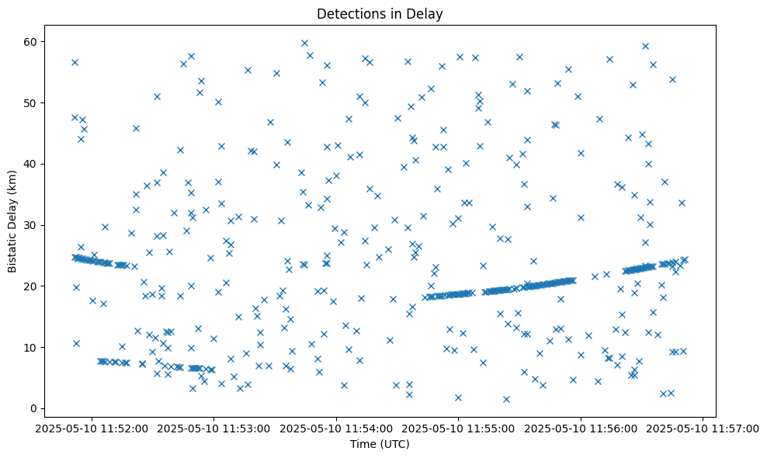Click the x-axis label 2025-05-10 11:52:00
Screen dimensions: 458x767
(x=92, y=427)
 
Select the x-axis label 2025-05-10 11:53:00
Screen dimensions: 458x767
(x=214, y=427)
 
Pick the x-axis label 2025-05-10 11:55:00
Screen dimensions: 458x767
(x=459, y=427)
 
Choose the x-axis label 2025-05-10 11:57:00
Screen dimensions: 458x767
(x=703, y=427)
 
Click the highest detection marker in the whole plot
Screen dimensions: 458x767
(x=304, y=43)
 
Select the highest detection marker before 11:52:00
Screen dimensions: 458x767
(x=75, y=62)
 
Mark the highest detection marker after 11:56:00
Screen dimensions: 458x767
(x=645, y=46)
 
